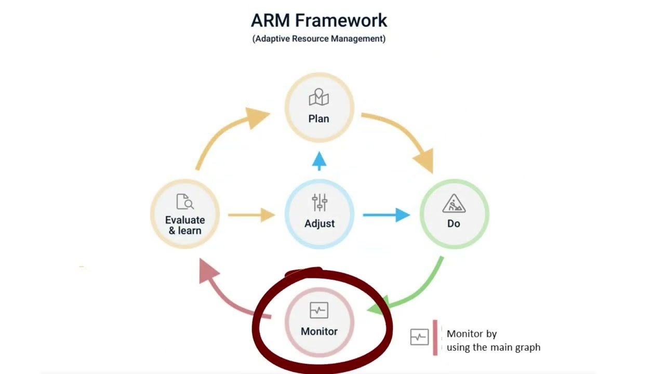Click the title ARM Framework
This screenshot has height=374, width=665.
[319, 21]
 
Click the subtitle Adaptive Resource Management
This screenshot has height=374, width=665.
[319, 38]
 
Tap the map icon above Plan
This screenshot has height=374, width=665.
[319, 98]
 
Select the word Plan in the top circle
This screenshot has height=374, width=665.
[319, 118]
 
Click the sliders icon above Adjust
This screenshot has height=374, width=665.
[320, 203]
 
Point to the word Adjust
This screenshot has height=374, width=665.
[320, 223]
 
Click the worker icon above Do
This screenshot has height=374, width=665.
[454, 203]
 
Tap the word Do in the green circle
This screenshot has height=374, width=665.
[454, 223]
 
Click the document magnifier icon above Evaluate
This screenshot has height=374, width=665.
[185, 202]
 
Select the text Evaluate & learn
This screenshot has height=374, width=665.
[185, 225]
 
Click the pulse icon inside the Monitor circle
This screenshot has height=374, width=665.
[319, 311]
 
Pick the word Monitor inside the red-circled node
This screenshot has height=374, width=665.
[319, 331]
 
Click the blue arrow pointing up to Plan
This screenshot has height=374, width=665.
[319, 161]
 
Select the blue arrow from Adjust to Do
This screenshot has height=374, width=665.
[385, 215]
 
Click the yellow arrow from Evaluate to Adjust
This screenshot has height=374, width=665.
[251, 215]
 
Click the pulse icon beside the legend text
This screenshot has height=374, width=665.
[419, 337]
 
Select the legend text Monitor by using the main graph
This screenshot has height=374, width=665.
[493, 341]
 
